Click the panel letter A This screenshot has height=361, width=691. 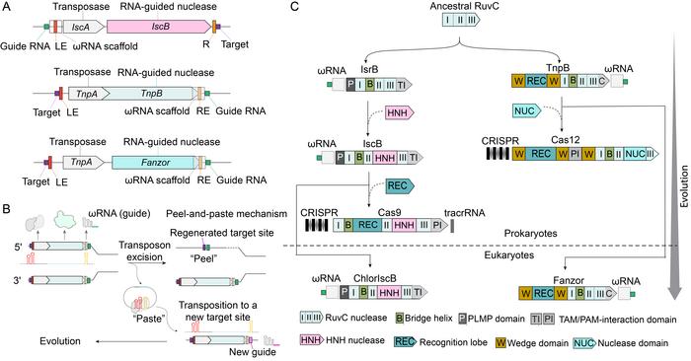point(7,7)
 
